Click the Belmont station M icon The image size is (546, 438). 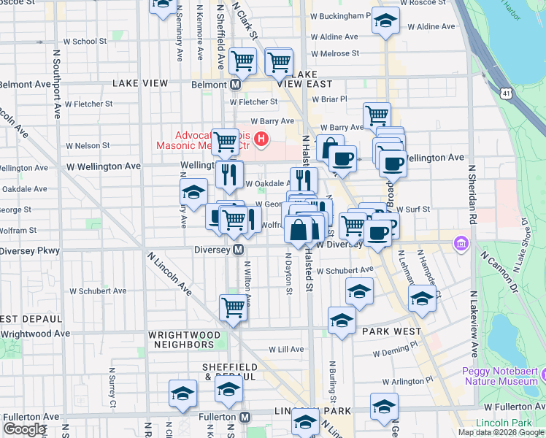tap(236, 85)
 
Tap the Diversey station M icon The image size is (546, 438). tap(238, 250)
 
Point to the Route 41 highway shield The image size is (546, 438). tap(506, 93)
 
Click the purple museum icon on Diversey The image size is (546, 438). tap(461, 242)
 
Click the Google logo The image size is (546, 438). tap(25, 429)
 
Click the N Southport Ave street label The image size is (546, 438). tap(56, 84)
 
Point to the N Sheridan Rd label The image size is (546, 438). tap(472, 194)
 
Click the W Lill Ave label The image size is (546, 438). tap(286, 350)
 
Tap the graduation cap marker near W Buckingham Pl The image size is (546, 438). tap(385, 21)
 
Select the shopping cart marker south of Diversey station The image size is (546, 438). tap(233, 308)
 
